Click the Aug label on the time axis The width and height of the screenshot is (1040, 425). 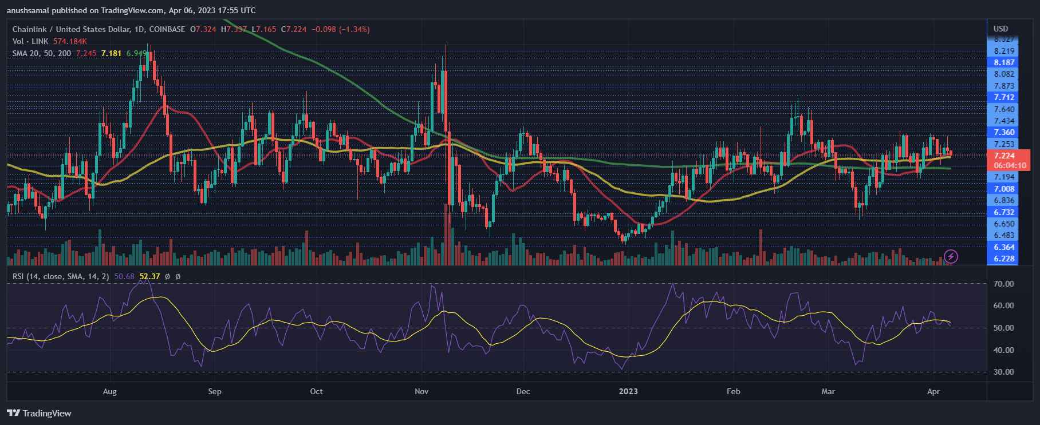pyautogui.click(x=109, y=391)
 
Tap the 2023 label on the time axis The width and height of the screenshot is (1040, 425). pyautogui.click(x=628, y=391)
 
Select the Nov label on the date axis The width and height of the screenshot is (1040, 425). pyautogui.click(x=421, y=391)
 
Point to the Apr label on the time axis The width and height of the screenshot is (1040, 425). pyautogui.click(x=933, y=391)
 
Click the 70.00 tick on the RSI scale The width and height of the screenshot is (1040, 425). pyautogui.click(x=1003, y=284)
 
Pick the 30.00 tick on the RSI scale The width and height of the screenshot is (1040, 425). pyautogui.click(x=1003, y=372)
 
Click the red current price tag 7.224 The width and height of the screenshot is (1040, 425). pyautogui.click(x=1004, y=156)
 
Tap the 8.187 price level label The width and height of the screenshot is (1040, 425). pyautogui.click(x=1004, y=62)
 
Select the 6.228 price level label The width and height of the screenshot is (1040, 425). pyautogui.click(x=1004, y=259)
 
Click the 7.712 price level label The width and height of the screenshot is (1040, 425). pyautogui.click(x=1004, y=97)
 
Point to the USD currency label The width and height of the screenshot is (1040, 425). pyautogui.click(x=1000, y=29)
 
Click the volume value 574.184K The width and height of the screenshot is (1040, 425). pyautogui.click(x=70, y=41)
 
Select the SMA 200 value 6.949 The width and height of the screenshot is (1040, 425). pyautogui.click(x=136, y=53)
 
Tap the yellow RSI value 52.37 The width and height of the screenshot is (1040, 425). pyautogui.click(x=149, y=276)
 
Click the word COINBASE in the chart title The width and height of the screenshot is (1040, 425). pyautogui.click(x=167, y=29)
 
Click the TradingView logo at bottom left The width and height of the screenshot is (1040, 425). pyautogui.click(x=40, y=413)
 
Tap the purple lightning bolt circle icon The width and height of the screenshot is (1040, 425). pyautogui.click(x=951, y=256)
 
